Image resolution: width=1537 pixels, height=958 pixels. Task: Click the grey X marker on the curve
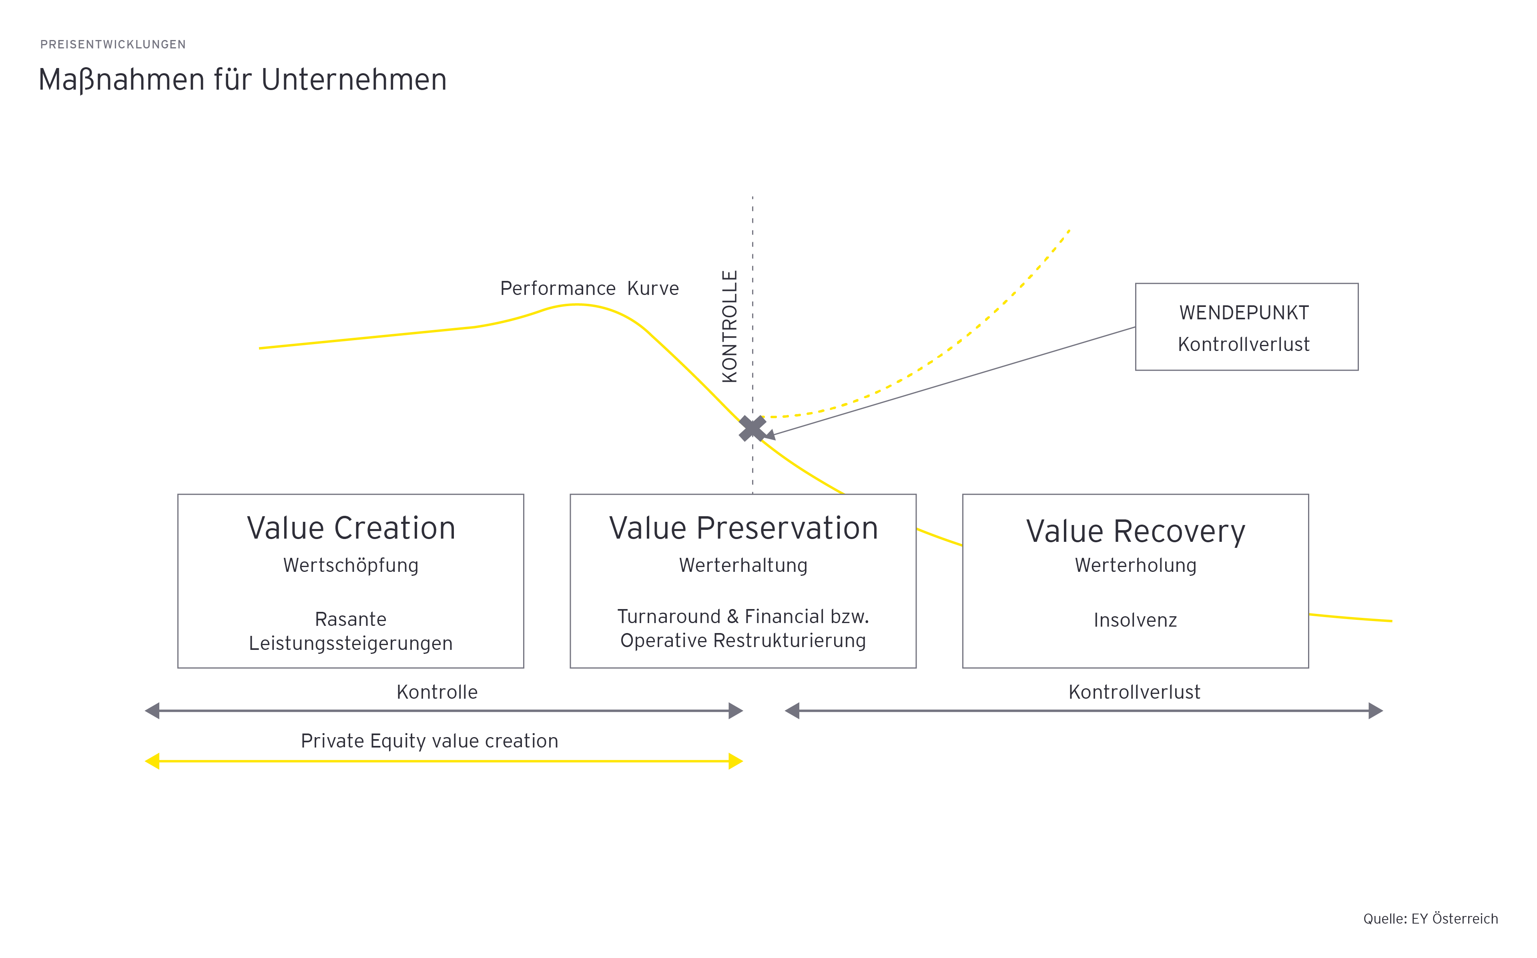[752, 428]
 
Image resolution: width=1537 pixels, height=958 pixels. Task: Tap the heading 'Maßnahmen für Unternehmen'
[243, 80]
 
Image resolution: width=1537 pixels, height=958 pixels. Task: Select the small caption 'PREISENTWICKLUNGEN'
[113, 44]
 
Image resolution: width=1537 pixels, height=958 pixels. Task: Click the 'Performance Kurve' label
[589, 288]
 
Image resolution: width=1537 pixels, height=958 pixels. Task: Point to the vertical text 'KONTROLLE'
[730, 326]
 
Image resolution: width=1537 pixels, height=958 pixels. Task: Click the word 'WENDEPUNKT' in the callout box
[1244, 313]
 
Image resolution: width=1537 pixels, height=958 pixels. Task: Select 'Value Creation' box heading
[351, 528]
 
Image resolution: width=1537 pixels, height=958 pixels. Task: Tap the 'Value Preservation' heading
[743, 528]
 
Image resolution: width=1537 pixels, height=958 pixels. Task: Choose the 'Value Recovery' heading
[1135, 531]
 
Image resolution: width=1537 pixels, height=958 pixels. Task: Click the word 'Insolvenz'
[1135, 620]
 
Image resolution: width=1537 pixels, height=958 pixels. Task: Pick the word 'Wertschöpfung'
[351, 565]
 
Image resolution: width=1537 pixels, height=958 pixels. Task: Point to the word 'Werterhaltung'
[743, 565]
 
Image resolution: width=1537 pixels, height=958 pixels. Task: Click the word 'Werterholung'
[1135, 565]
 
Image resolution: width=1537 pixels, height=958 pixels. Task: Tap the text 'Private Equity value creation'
[429, 741]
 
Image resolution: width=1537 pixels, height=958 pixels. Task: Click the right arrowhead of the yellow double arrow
[736, 761]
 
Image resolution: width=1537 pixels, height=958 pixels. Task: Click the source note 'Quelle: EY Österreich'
[1431, 919]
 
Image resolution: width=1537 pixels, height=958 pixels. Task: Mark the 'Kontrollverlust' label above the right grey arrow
[1134, 692]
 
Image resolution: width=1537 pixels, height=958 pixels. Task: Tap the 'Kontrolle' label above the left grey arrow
[437, 692]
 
